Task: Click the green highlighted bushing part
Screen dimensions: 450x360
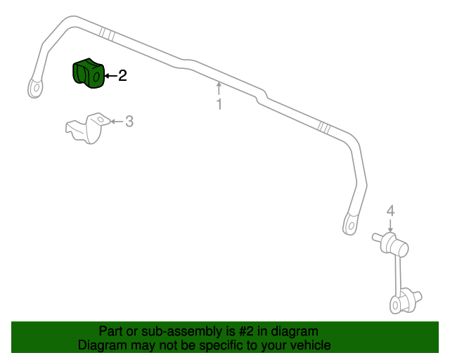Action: tap(88, 74)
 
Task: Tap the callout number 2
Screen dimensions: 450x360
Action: tap(122, 75)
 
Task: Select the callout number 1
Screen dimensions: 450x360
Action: tap(219, 104)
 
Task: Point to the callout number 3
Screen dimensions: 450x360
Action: tap(129, 122)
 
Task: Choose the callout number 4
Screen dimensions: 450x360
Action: tap(391, 211)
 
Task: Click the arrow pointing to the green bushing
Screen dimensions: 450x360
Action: tap(111, 76)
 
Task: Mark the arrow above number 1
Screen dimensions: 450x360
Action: tap(219, 89)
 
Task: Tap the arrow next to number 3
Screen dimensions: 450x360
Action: tap(117, 122)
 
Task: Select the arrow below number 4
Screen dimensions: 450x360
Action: tap(390, 226)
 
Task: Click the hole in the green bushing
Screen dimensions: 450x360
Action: tap(97, 77)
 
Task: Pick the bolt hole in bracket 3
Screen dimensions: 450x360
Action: tap(100, 119)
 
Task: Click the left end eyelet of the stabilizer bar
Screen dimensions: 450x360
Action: tap(36, 87)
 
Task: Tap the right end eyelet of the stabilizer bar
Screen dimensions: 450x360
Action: tap(351, 224)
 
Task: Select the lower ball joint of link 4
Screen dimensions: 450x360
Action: tap(405, 302)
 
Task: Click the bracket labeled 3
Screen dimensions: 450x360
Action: tap(87, 128)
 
